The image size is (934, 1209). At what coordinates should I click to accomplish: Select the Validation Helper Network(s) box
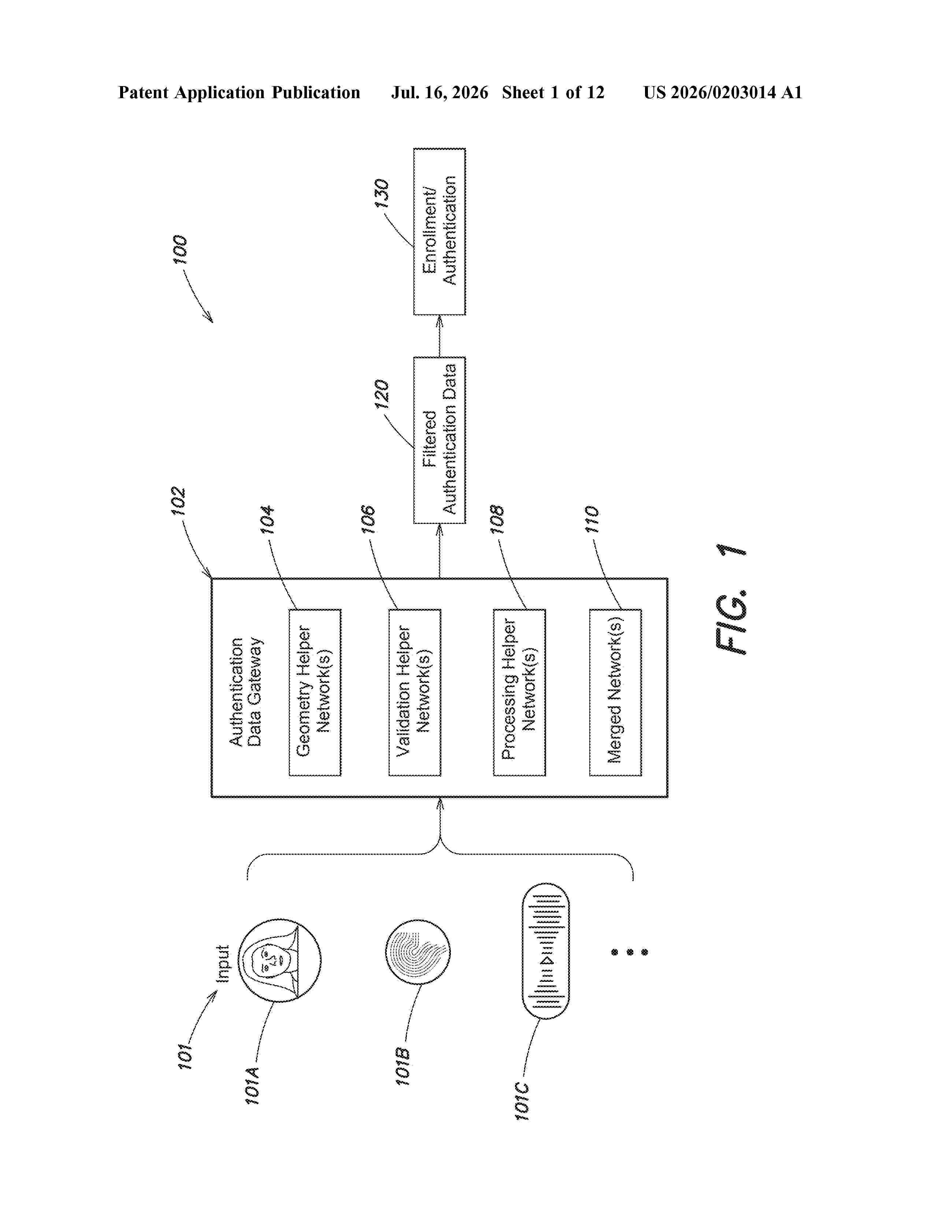point(414,692)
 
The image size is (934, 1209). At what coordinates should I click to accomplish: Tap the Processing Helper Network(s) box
point(519,692)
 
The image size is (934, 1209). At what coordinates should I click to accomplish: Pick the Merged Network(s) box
point(615,692)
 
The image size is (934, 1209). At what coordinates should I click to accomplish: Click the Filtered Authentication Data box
point(439,440)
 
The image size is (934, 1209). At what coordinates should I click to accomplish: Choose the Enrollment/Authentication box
point(439,232)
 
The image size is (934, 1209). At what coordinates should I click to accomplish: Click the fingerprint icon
point(418,952)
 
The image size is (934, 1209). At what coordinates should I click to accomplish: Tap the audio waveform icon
point(546,951)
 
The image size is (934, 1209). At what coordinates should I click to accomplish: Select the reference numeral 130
point(382,193)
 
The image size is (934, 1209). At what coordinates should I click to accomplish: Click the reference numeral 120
point(382,394)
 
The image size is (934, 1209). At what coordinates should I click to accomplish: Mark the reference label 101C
point(522,1102)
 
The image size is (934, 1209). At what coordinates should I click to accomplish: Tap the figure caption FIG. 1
point(731,599)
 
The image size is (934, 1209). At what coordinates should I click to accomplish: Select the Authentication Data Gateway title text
point(246,692)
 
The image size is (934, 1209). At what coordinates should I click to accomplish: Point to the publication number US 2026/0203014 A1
point(723,92)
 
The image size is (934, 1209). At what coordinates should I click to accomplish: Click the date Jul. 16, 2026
point(440,92)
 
